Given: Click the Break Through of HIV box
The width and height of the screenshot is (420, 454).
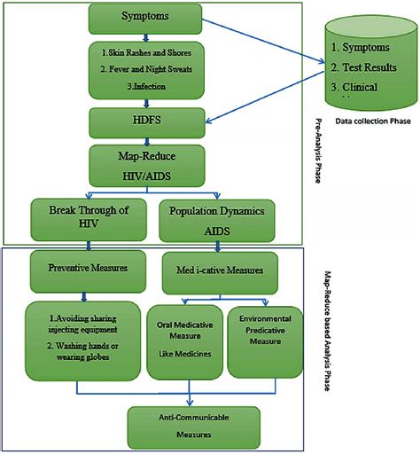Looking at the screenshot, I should [82, 219].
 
